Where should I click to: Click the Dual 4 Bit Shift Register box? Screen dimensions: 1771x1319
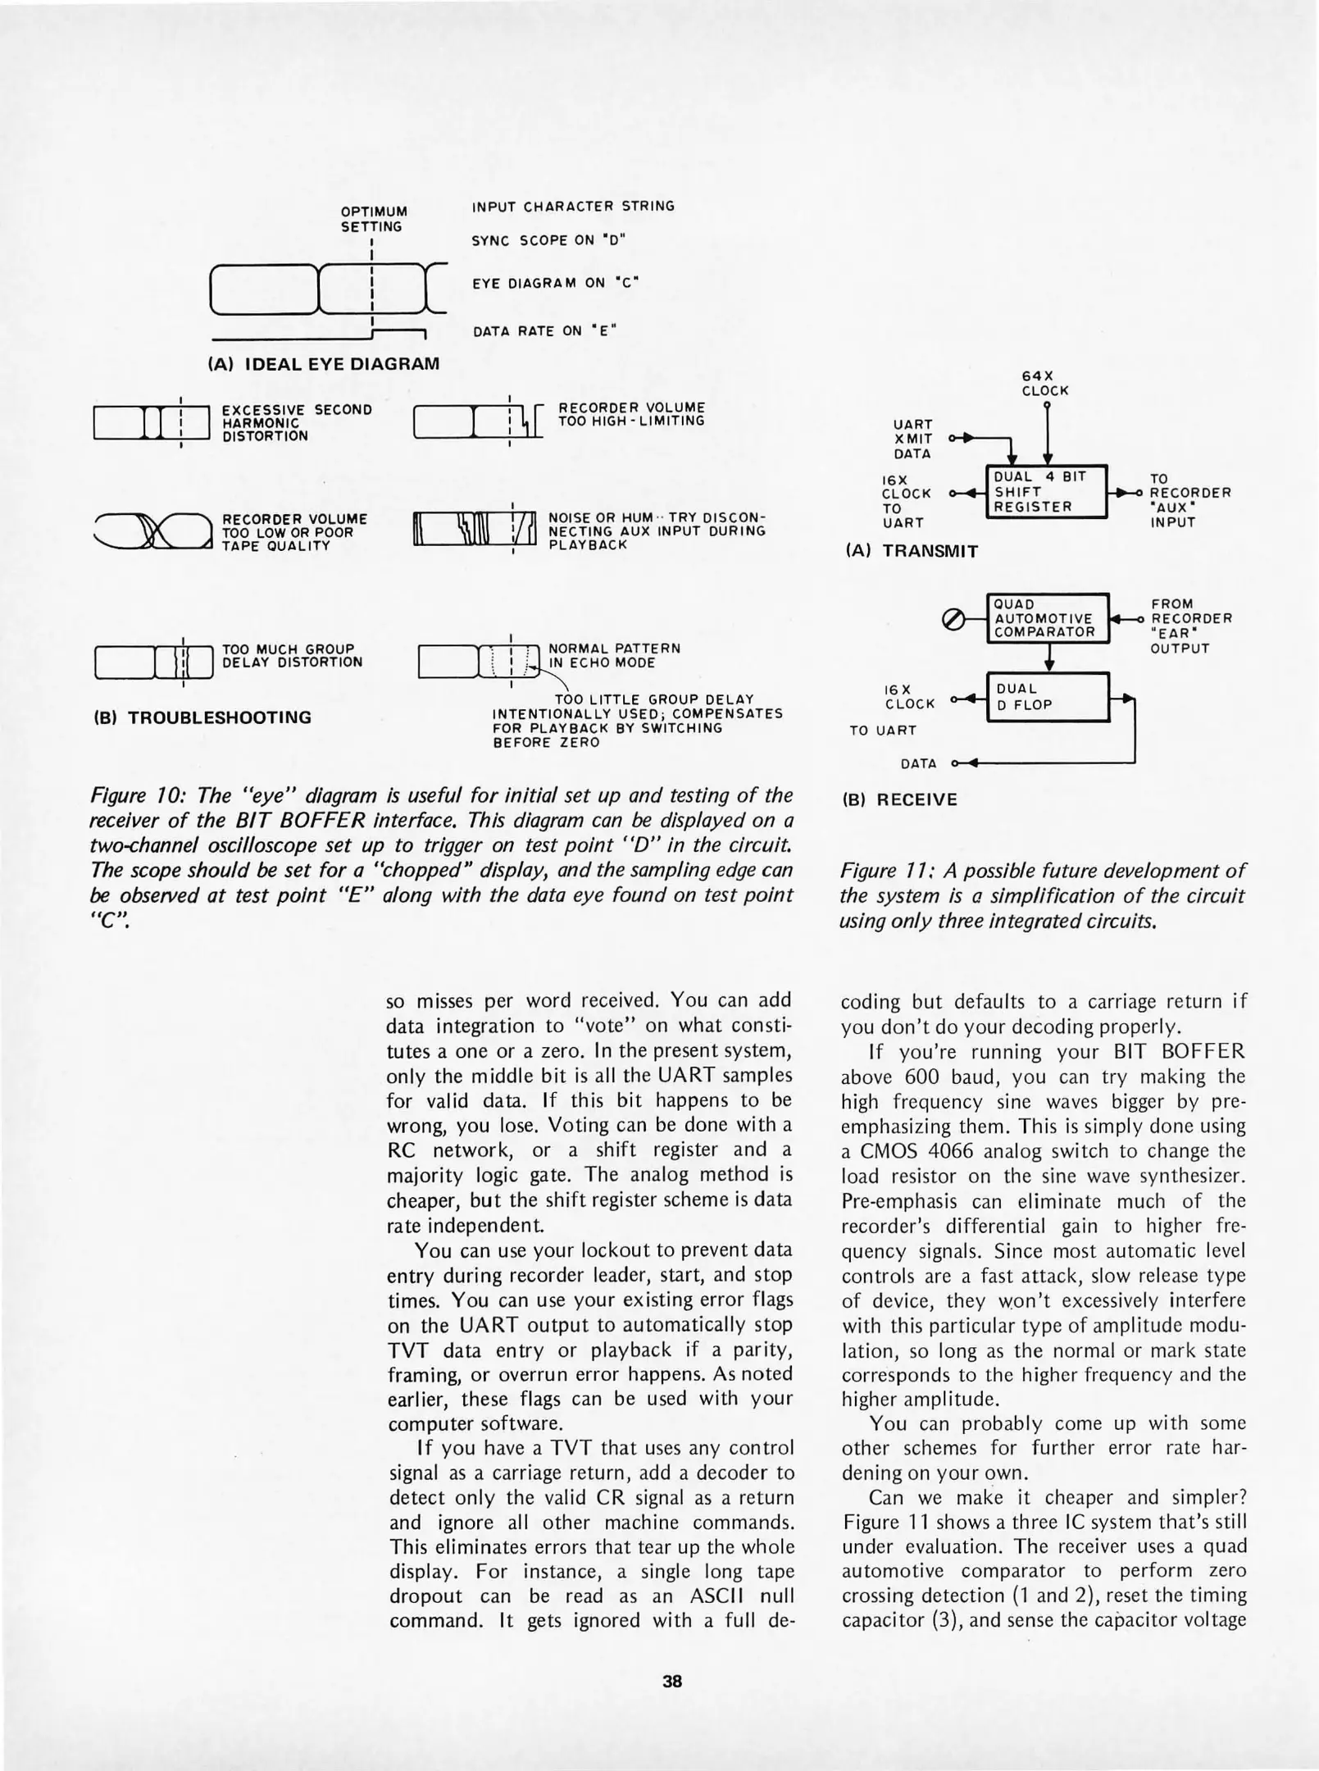(x=1045, y=492)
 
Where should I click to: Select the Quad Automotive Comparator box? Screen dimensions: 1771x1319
(x=1046, y=618)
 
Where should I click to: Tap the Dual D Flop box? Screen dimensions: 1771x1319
(x=1047, y=697)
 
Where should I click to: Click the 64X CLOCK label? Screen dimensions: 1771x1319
(x=1045, y=383)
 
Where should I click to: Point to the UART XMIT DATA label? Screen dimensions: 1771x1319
(x=912, y=439)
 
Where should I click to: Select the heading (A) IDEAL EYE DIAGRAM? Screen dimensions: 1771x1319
(x=324, y=363)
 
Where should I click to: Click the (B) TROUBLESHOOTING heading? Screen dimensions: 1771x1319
(x=203, y=717)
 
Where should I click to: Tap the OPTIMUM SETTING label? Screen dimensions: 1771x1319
(x=374, y=219)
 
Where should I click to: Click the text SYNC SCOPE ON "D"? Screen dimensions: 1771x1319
(x=548, y=240)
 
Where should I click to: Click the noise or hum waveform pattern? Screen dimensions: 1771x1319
(x=475, y=531)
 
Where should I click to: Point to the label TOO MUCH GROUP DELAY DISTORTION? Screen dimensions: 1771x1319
(x=292, y=655)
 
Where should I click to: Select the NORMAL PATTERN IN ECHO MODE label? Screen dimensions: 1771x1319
(x=614, y=655)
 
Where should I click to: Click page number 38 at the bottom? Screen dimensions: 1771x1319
(x=672, y=1681)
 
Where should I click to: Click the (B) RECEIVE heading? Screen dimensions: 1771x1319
(x=900, y=799)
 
